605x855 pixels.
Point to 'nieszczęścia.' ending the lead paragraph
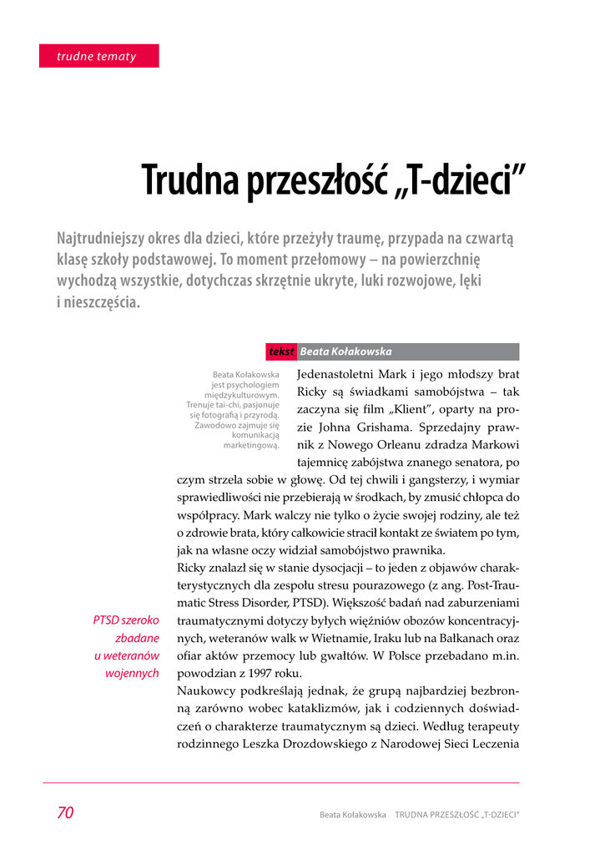[x=98, y=302]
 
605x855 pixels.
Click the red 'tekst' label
[x=281, y=352]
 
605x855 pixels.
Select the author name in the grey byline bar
[x=345, y=352]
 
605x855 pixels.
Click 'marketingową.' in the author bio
[x=251, y=445]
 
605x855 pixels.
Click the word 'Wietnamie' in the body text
[x=348, y=639]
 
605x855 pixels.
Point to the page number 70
[x=65, y=813]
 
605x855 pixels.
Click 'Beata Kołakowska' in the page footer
[x=352, y=814]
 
